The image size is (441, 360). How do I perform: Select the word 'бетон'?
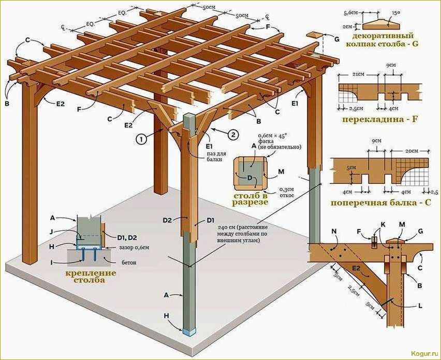tap(128, 263)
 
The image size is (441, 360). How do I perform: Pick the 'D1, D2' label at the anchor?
tap(127, 237)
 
